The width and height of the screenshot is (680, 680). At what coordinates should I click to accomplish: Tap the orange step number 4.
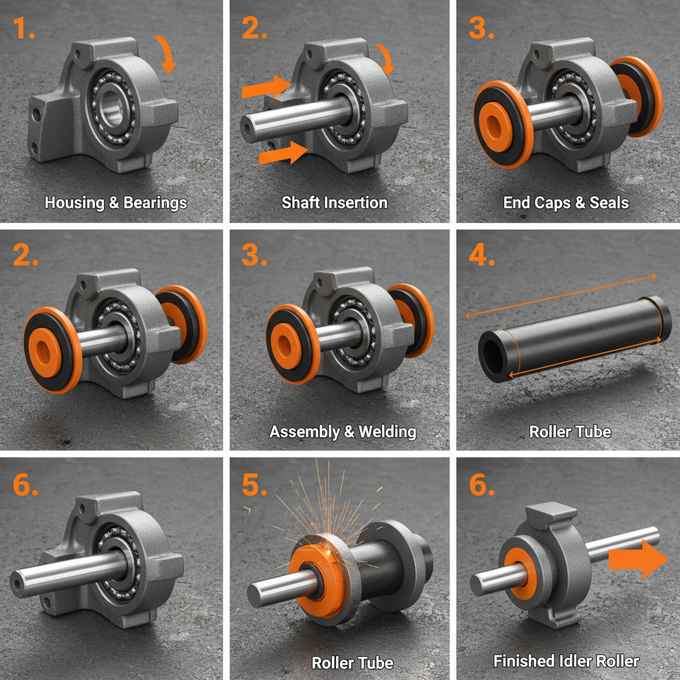[x=481, y=254]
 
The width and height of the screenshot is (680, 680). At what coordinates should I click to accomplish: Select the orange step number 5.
[x=254, y=484]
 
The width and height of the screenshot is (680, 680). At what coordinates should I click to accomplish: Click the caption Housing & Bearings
[x=116, y=203]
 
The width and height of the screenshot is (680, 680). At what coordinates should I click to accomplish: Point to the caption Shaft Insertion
[x=334, y=203]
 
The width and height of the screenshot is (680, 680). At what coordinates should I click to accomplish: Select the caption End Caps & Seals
[x=566, y=203]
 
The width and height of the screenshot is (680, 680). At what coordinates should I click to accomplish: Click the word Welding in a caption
[x=387, y=432]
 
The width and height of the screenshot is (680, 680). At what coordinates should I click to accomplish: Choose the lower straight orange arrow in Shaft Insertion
[x=282, y=155]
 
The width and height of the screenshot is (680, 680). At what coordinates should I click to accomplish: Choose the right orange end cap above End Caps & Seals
[x=637, y=96]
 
